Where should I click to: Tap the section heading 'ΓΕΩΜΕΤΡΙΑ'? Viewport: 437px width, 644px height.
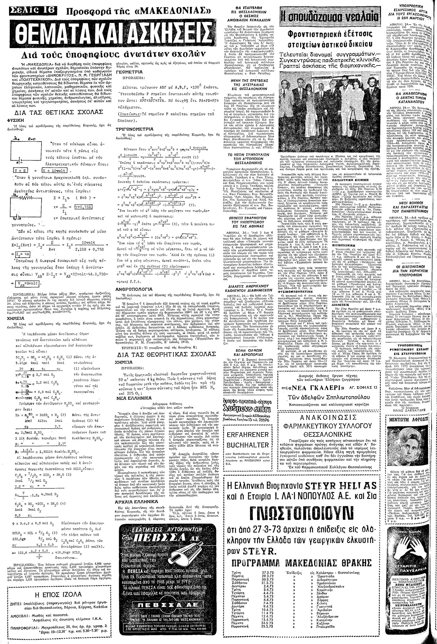(127, 72)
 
